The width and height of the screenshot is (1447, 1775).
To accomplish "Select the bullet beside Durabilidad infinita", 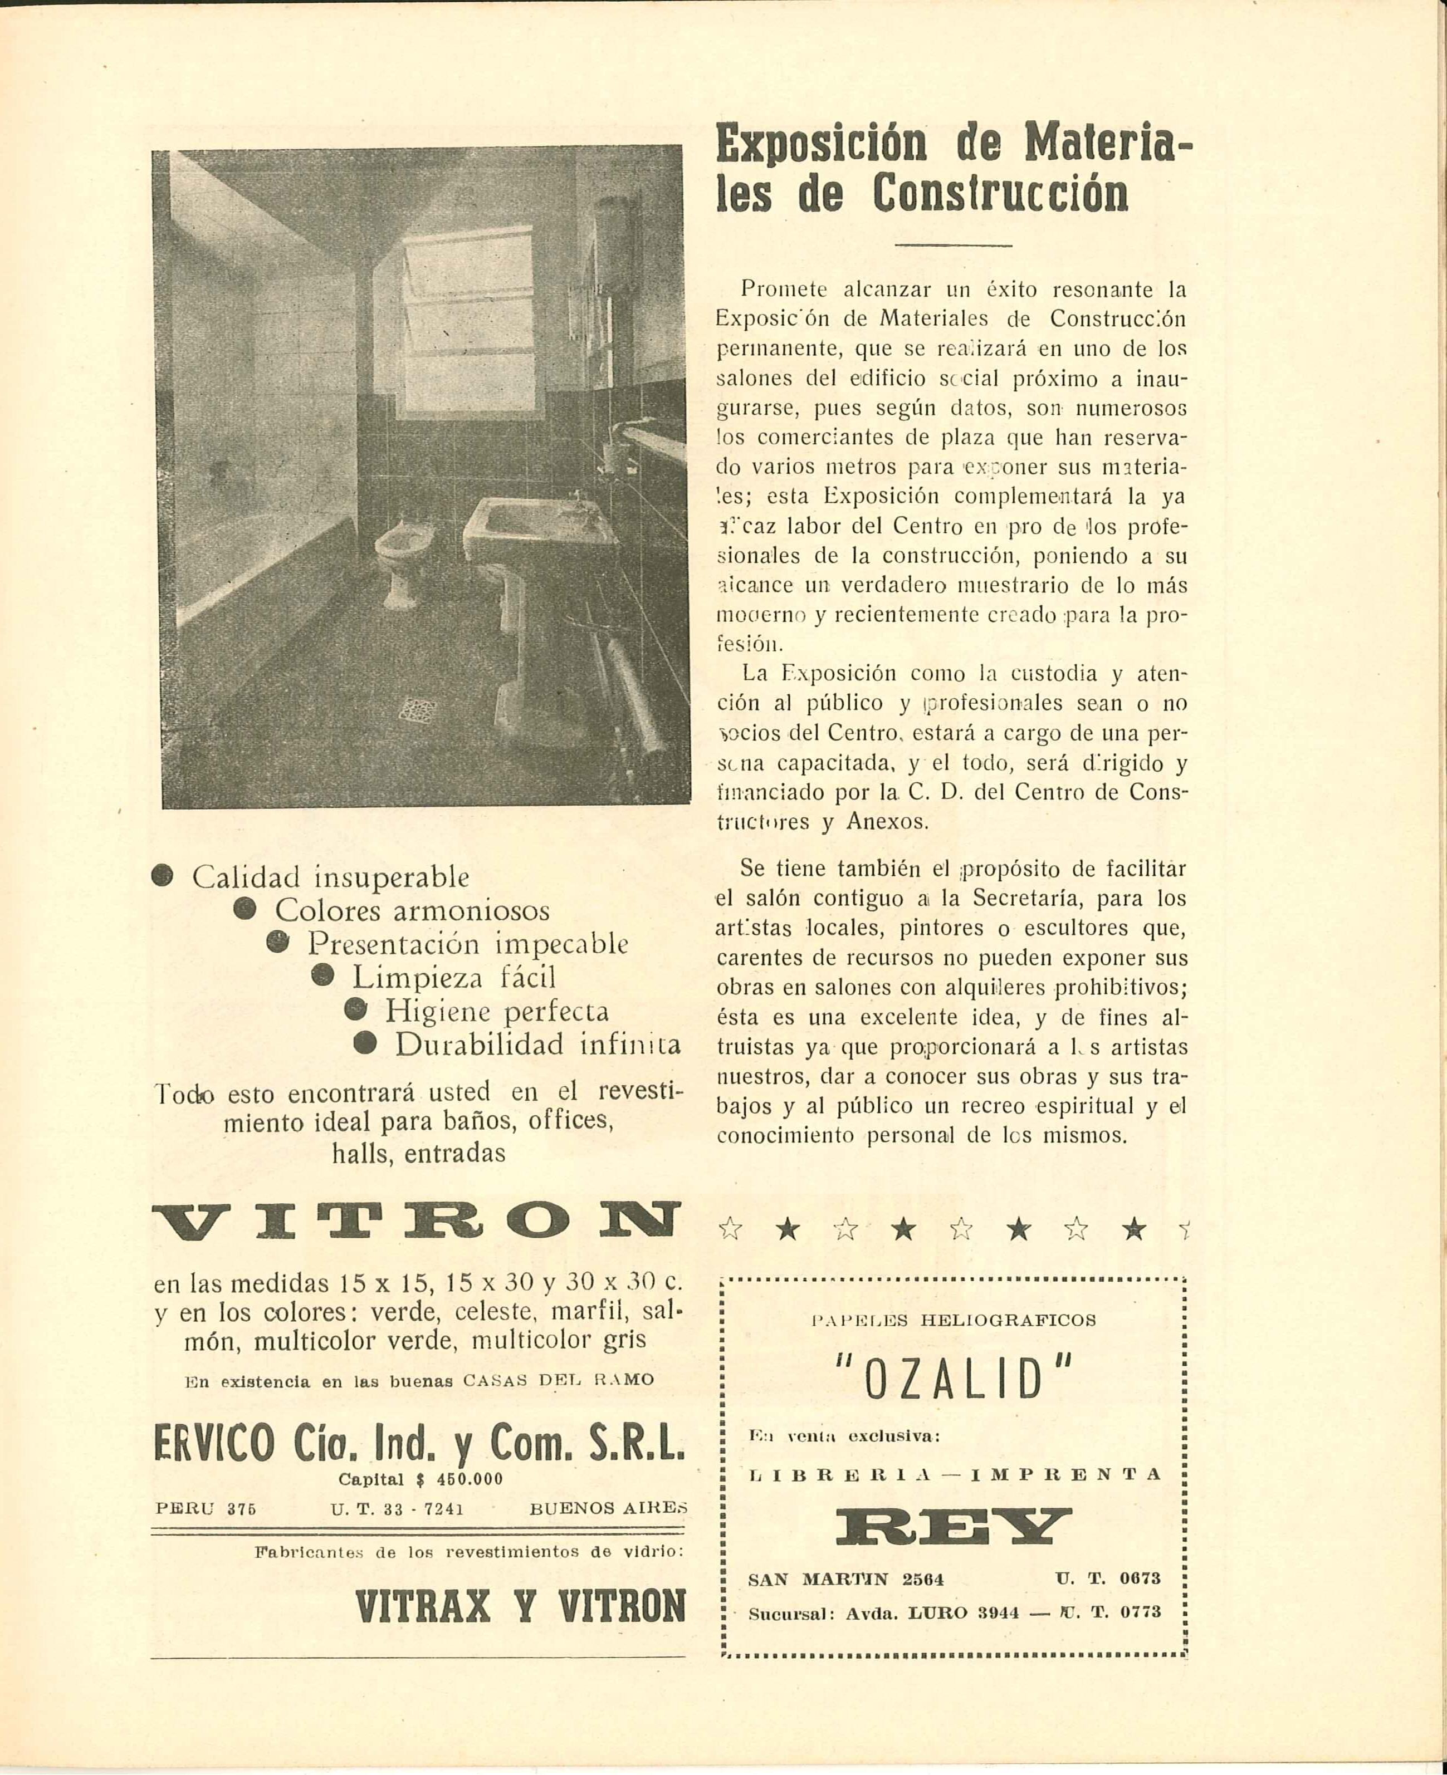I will (x=364, y=1043).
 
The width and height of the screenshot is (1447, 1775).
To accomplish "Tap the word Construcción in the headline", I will (x=1000, y=193).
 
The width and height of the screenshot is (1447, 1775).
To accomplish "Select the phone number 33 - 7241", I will (x=417, y=1509).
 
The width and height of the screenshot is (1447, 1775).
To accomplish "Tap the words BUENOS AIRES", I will (x=608, y=1509).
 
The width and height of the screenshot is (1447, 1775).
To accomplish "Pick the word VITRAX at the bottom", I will (x=423, y=1605).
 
